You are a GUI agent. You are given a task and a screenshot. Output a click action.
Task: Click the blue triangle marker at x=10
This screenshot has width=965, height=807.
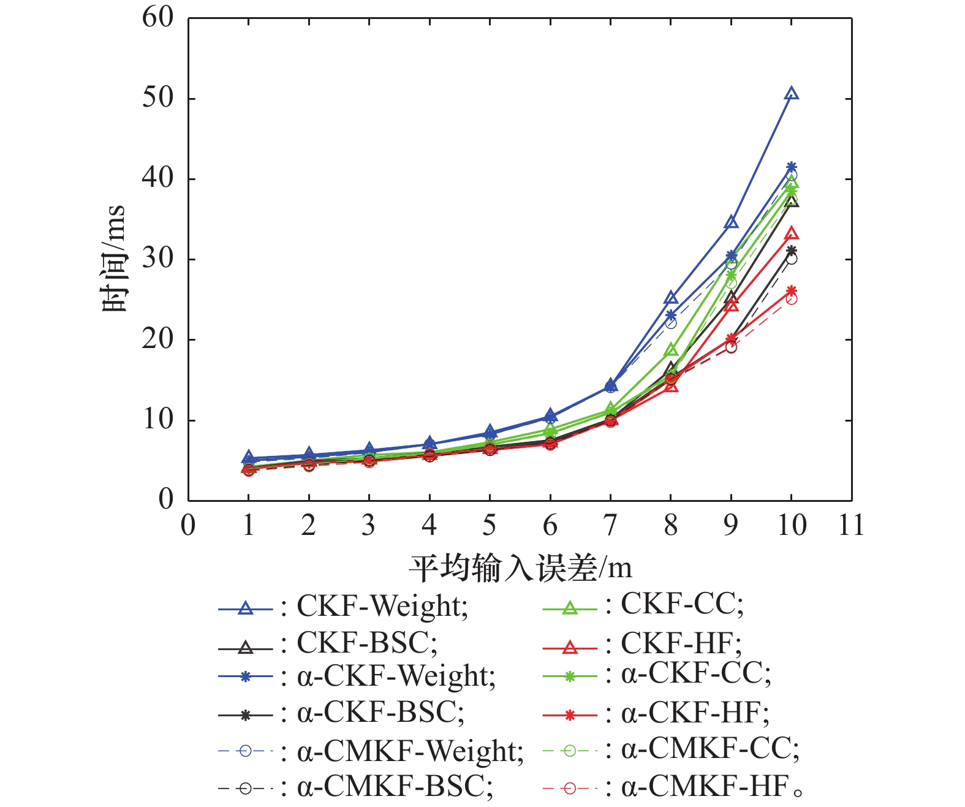click(x=792, y=94)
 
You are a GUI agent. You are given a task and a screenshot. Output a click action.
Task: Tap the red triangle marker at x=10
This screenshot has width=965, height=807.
click(x=792, y=233)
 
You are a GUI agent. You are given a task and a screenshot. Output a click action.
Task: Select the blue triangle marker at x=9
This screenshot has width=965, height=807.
click(x=731, y=222)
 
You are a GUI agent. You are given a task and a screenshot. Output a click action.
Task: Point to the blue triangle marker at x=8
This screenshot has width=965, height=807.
click(x=671, y=298)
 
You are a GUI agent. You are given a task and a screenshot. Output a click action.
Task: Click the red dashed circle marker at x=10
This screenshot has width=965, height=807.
click(x=792, y=299)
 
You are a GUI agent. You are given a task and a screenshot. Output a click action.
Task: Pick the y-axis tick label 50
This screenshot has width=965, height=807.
click(x=158, y=98)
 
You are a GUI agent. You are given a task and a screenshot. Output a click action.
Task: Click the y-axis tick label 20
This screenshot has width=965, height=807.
click(x=158, y=339)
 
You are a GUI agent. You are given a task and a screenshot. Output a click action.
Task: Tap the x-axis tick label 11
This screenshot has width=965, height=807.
click(x=851, y=526)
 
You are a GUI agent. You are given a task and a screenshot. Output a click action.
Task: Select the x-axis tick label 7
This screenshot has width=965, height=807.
click(x=610, y=526)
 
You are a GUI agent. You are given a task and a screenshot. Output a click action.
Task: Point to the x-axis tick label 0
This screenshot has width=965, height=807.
click(x=188, y=526)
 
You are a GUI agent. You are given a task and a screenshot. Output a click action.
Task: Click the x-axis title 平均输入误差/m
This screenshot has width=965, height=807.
click(x=520, y=569)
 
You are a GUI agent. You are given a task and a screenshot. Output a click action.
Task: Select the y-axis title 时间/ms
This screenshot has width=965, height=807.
click(x=114, y=259)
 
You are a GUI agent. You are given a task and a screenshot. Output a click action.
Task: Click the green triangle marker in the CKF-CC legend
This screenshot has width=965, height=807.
click(x=570, y=608)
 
